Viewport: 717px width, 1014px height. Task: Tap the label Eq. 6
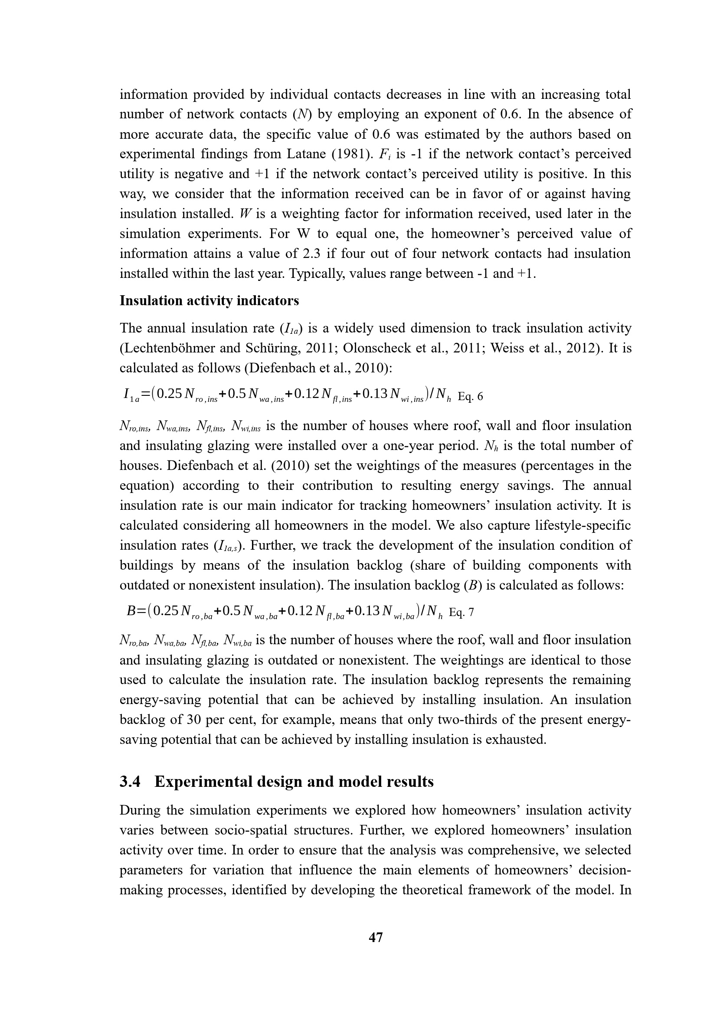[x=470, y=397]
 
